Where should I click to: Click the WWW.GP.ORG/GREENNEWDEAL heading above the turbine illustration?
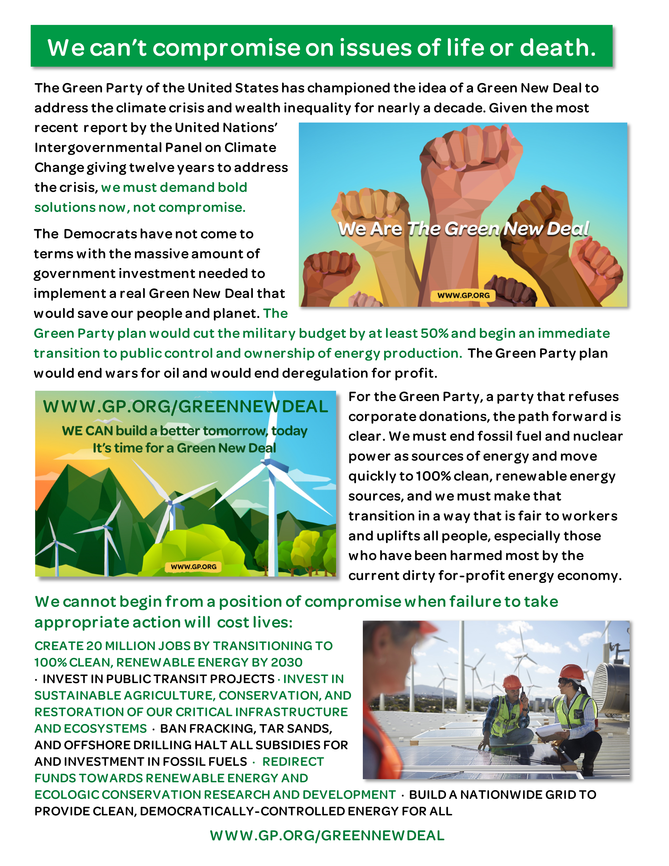click(185, 407)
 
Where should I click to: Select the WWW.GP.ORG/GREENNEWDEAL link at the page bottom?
click(327, 836)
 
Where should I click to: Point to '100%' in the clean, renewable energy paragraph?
click(433, 476)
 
